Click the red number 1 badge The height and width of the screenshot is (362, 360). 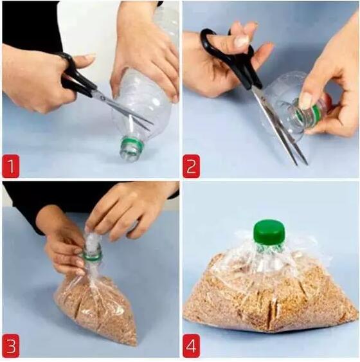click(x=11, y=167)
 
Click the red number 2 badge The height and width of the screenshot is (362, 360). click(x=192, y=167)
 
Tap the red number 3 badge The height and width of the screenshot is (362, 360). click(x=11, y=346)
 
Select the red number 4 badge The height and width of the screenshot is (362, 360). click(x=192, y=346)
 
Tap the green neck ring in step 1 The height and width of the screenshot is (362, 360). click(x=132, y=144)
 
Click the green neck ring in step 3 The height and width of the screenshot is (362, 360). click(x=92, y=257)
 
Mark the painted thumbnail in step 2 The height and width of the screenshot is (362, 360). click(x=241, y=41)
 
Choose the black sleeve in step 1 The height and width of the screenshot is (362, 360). click(x=30, y=25)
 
